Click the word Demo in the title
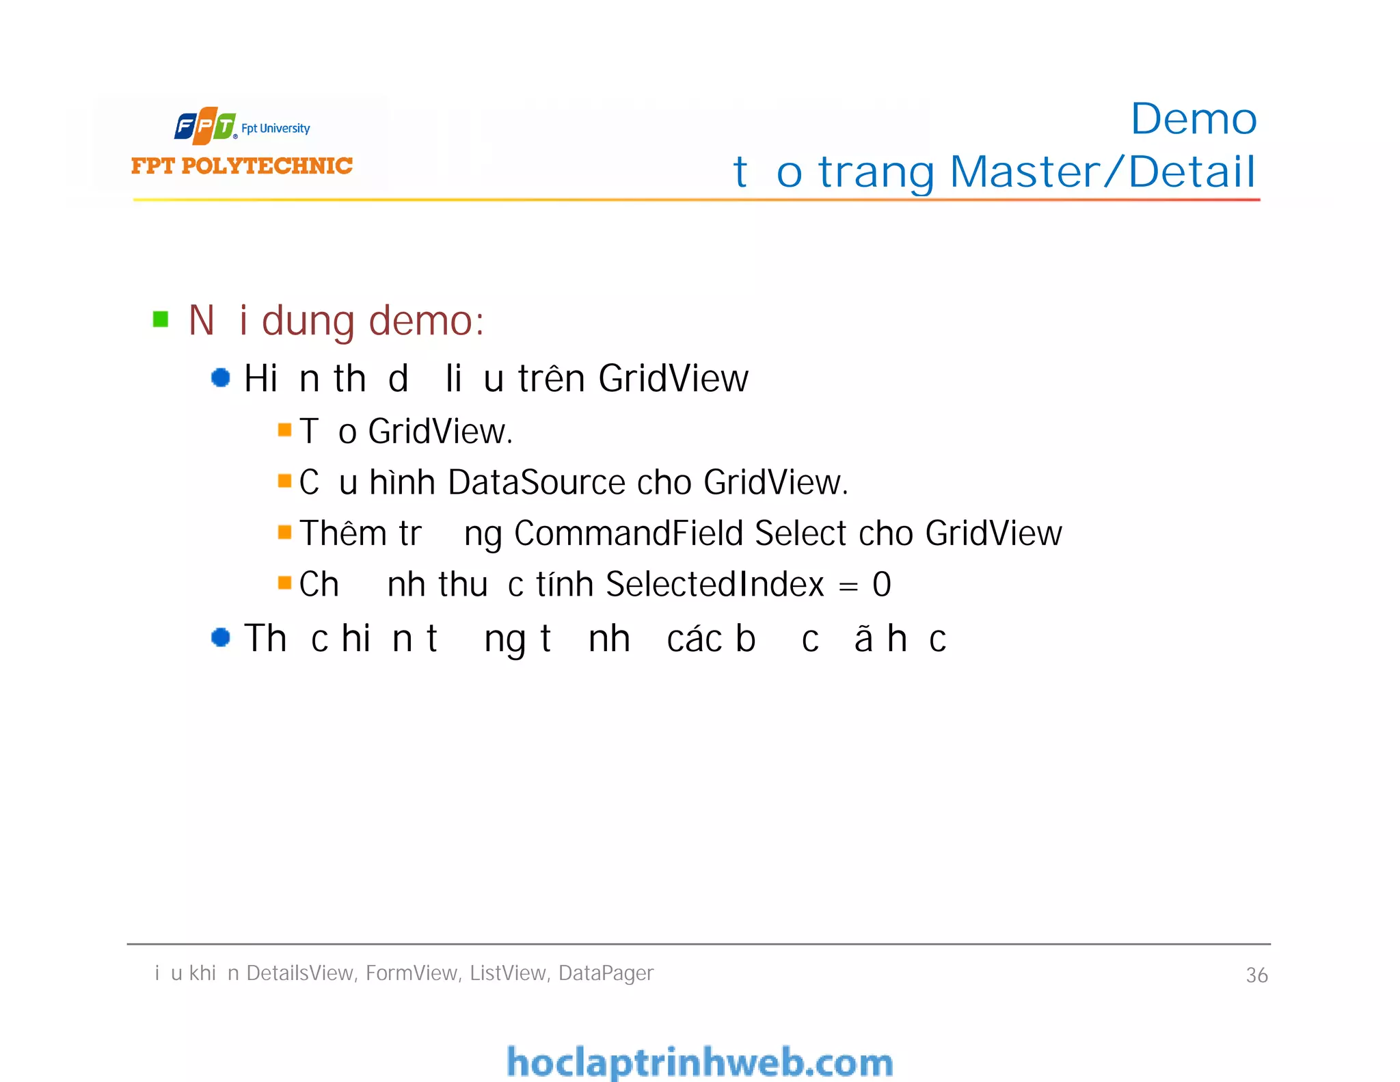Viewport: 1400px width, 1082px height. (x=1193, y=120)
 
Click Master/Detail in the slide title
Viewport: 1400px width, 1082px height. (x=1103, y=172)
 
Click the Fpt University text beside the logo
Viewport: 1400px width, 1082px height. (x=275, y=129)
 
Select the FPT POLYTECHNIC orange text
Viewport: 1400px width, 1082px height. (x=241, y=166)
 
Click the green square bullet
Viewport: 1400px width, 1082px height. (x=161, y=319)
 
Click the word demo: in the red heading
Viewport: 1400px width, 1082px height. (x=427, y=321)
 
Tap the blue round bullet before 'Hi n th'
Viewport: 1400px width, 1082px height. (x=220, y=378)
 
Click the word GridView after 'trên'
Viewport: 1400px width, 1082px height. (x=673, y=378)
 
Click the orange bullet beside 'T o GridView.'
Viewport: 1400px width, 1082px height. (x=285, y=430)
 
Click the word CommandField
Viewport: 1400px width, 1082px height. (x=628, y=533)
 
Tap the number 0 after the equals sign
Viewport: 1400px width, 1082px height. (x=882, y=585)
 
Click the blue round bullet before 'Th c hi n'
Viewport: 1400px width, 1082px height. (x=220, y=637)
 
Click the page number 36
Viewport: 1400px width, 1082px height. (x=1256, y=975)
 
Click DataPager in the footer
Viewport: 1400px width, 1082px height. (x=606, y=973)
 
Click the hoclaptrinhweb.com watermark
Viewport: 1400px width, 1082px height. (x=699, y=1062)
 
